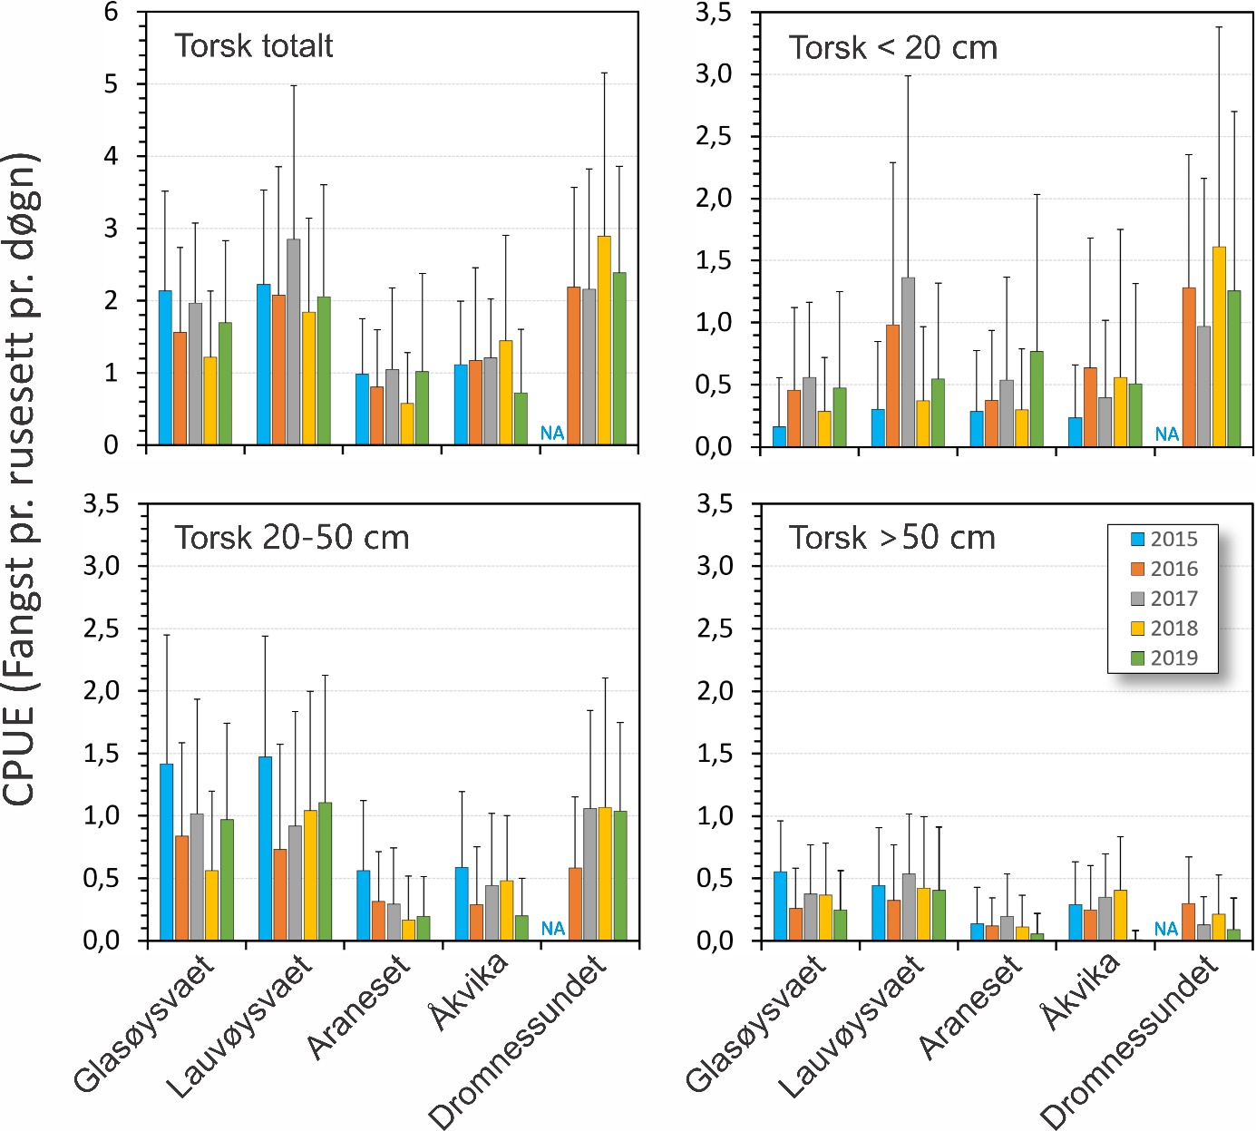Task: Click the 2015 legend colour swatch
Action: pos(1138,540)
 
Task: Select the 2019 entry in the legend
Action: pos(1173,658)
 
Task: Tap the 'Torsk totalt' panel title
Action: pos(254,46)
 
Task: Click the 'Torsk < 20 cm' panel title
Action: pos(892,48)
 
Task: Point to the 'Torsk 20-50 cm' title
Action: pos(292,538)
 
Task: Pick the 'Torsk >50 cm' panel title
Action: pos(892,538)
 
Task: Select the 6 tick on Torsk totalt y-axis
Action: pos(111,12)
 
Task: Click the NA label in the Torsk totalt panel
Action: pos(552,434)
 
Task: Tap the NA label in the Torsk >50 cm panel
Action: pos(1166,930)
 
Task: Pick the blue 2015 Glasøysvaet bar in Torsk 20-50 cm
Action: pos(167,852)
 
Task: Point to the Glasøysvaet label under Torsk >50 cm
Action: pos(755,1025)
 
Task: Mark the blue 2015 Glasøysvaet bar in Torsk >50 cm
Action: pos(780,906)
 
